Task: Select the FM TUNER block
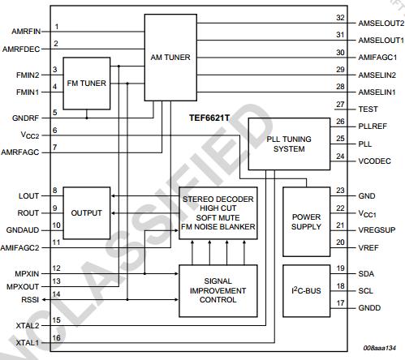87,83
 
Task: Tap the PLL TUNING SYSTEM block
286,144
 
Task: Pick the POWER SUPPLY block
307,221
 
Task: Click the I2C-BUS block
307,289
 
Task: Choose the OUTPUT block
86,212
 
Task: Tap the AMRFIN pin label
28,32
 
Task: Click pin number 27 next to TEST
340,105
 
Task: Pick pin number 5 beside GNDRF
55,112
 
